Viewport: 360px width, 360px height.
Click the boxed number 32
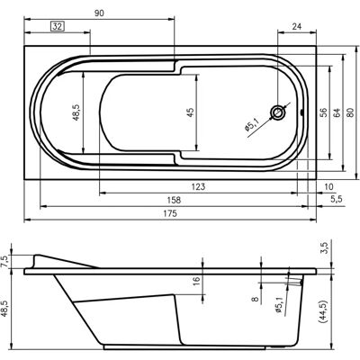(58, 26)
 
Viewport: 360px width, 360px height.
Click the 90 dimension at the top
(99, 13)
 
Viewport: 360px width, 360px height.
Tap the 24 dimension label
(296, 26)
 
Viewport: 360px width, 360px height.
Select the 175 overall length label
(170, 213)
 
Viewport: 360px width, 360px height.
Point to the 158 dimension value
(174, 200)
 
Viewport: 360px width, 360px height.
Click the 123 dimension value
(198, 186)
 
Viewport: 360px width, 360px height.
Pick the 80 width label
(351, 112)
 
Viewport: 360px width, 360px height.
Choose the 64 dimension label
(337, 112)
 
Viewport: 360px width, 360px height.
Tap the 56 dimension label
(323, 112)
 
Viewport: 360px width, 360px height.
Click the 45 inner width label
(190, 112)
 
